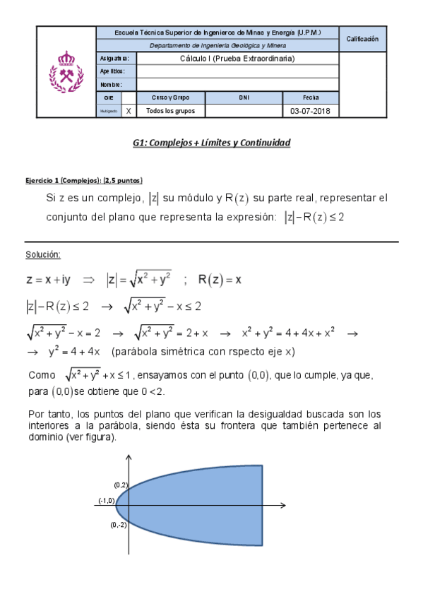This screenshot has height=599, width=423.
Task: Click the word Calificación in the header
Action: [362, 39]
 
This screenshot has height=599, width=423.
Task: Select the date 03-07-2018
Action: [310, 111]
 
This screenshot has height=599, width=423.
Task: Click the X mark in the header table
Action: [128, 111]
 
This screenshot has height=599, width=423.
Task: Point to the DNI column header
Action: [244, 97]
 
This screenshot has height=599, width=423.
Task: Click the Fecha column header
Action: [310, 97]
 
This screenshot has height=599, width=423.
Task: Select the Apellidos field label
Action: [112, 71]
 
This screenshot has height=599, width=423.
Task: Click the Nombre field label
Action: [111, 85]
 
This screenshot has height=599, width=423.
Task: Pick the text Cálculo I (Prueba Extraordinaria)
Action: [237, 58]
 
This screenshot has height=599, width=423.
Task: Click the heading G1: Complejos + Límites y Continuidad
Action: [211, 143]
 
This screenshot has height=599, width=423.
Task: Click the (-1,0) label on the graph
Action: [106, 500]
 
